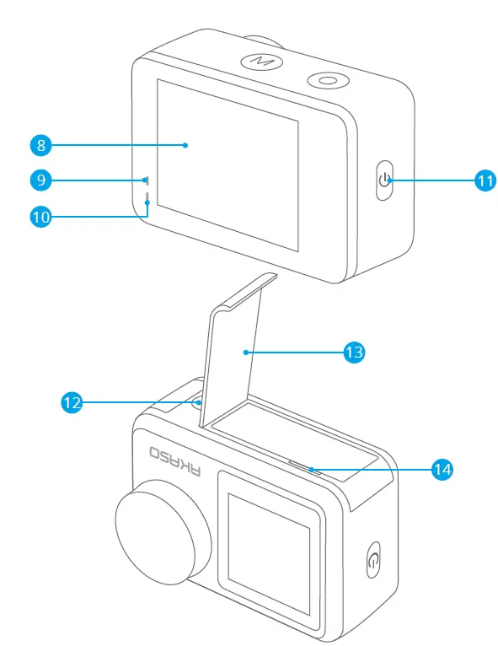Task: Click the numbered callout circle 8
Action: click(x=40, y=145)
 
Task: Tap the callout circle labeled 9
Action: click(x=40, y=180)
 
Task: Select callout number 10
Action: click(x=40, y=216)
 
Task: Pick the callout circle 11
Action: click(x=484, y=180)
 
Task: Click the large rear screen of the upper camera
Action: click(x=228, y=164)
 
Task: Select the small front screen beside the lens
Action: click(x=269, y=540)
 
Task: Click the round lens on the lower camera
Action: click(x=158, y=531)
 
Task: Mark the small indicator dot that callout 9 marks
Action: click(x=146, y=180)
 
